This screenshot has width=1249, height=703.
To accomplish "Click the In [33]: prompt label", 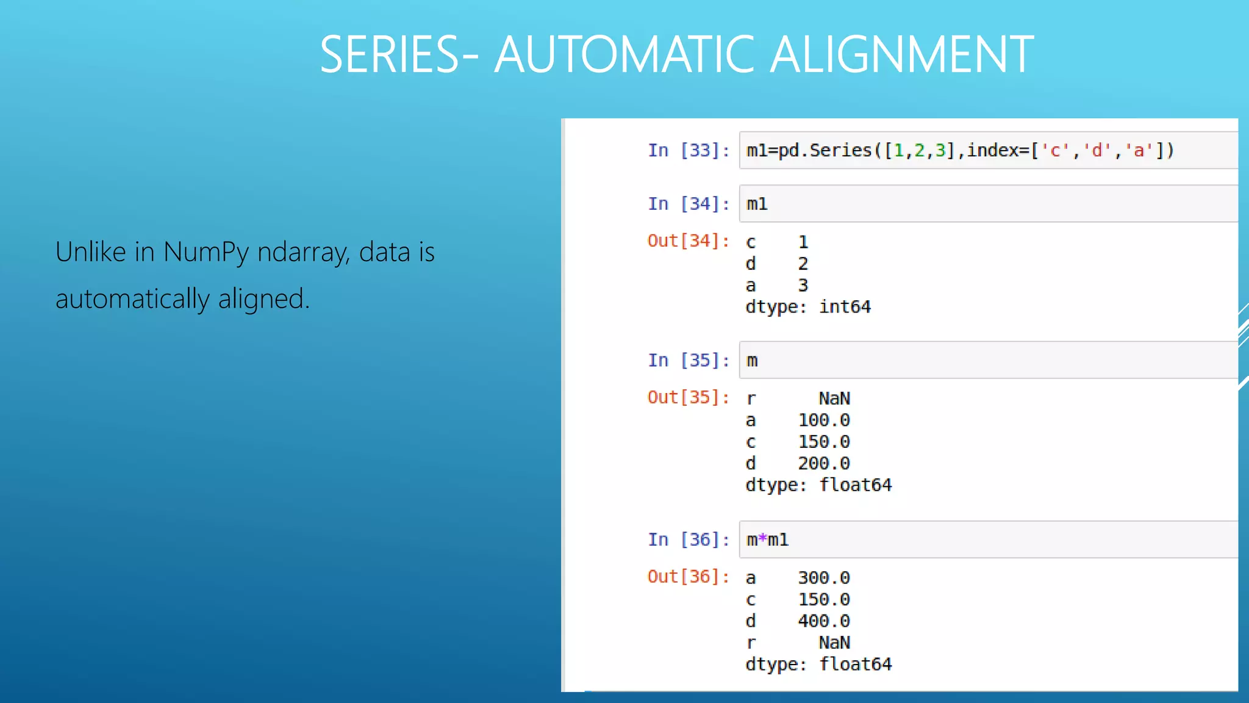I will click(689, 150).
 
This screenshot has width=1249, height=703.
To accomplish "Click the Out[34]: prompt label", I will click(689, 241).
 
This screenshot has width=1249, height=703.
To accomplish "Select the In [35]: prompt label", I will click(689, 360).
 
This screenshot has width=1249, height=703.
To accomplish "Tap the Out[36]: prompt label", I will click(689, 577).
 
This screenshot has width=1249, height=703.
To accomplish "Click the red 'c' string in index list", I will click(1054, 150).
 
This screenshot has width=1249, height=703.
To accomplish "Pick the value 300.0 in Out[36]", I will click(823, 578).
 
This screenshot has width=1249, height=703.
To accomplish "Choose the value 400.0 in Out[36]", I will click(823, 621).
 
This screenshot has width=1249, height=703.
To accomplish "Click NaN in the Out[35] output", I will click(834, 398).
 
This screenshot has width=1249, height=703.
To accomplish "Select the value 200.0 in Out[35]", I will click(823, 464).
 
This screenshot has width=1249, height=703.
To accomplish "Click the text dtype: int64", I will click(808, 307).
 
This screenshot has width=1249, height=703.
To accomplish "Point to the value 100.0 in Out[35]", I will click(823, 420).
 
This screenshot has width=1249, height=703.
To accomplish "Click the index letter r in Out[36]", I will click(751, 643).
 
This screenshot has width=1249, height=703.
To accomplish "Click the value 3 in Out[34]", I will click(803, 286).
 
